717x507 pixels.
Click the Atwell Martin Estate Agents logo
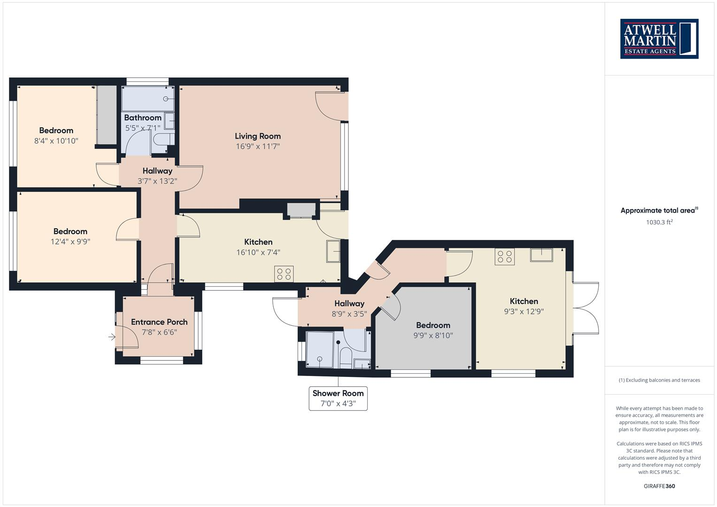coord(659,38)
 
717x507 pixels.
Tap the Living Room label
coord(258,136)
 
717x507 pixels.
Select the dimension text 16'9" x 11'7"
coord(258,146)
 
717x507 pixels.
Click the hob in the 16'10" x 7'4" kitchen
coord(284,274)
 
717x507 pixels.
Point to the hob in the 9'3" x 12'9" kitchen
coord(505,256)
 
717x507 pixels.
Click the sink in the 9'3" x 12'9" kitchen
coord(541,255)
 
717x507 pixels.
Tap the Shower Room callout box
coord(338,398)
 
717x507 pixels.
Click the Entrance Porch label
coord(159,322)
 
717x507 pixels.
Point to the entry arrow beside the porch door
coord(112,337)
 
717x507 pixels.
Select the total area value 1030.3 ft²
coord(659,222)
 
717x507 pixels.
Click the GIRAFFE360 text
coord(659,486)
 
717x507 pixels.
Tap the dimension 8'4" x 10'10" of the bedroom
coord(56,141)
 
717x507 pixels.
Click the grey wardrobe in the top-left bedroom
coord(107,115)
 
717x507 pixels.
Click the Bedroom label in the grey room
coord(433,325)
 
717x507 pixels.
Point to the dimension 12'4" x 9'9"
coord(70,242)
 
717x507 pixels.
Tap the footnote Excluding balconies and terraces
coord(659,380)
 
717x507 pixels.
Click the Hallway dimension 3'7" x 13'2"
coord(157,181)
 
